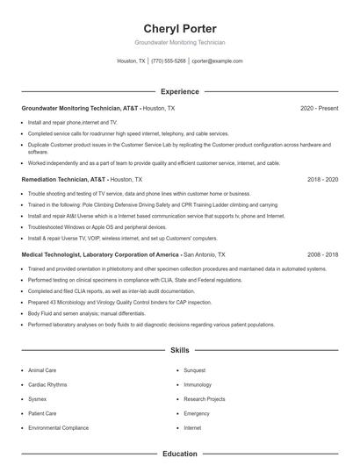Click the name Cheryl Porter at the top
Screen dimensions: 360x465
click(x=179, y=28)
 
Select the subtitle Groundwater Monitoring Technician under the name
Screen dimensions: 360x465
click(x=179, y=42)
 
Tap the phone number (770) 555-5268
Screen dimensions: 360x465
click(x=168, y=61)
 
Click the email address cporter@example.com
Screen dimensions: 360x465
click(x=217, y=61)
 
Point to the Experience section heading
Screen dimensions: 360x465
click(x=179, y=91)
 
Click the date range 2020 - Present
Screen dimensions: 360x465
click(x=319, y=108)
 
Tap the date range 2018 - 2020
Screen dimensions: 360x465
click(x=322, y=179)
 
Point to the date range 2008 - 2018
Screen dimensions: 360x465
click(x=322, y=254)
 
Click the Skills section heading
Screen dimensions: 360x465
click(x=179, y=350)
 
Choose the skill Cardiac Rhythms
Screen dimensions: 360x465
click(x=47, y=384)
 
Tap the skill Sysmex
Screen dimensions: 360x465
click(x=38, y=398)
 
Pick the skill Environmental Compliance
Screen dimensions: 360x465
click(x=58, y=427)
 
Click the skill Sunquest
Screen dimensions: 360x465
click(x=195, y=370)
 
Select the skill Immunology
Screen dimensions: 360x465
click(x=198, y=384)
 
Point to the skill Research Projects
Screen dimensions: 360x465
click(x=204, y=398)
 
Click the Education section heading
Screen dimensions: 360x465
click(x=179, y=454)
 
